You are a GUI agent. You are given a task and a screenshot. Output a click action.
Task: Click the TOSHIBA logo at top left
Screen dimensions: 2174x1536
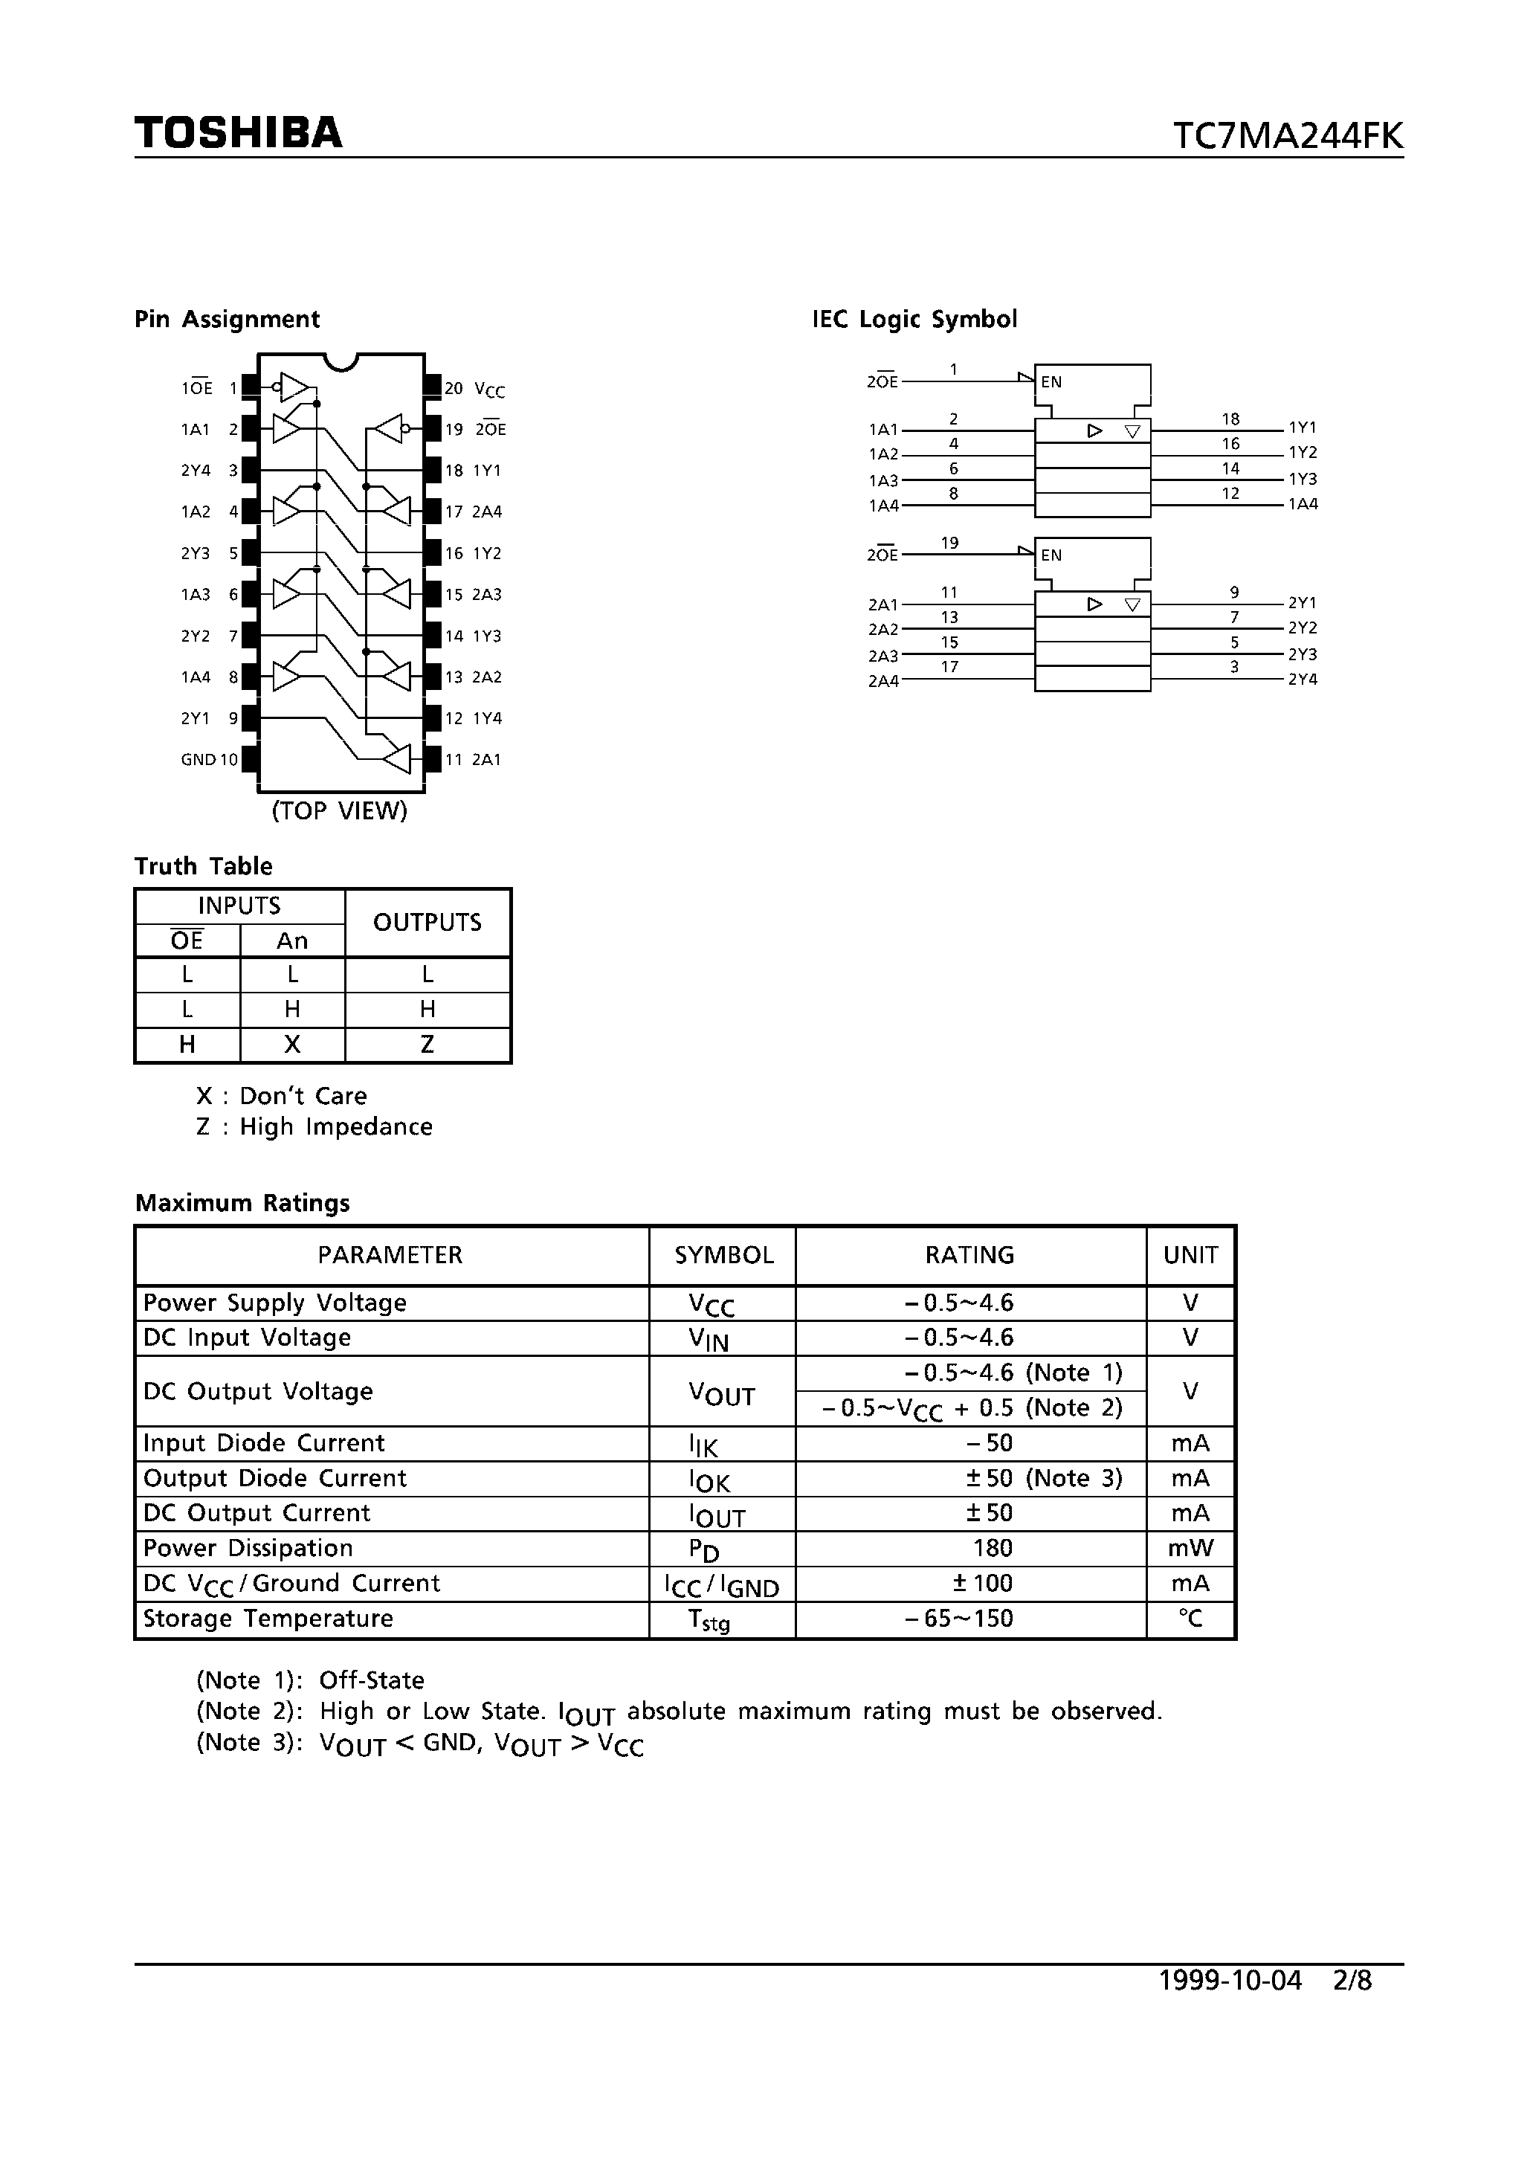[238, 132]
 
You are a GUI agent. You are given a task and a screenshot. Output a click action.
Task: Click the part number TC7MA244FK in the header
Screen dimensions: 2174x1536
[1287, 136]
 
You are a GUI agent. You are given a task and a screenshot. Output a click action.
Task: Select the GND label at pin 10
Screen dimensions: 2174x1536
[198, 759]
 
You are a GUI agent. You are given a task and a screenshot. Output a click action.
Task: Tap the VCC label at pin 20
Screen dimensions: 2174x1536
[490, 389]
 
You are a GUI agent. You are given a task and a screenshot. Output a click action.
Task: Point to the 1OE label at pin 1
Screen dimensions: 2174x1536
[197, 388]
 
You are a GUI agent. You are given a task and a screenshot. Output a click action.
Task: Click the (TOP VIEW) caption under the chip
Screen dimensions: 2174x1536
[339, 810]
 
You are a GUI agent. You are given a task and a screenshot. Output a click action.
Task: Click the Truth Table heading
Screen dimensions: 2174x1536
[204, 865]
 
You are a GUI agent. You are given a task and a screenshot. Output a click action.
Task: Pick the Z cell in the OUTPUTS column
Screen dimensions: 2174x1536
[427, 1045]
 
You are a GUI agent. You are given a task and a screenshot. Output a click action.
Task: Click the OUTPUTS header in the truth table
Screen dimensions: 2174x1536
[427, 922]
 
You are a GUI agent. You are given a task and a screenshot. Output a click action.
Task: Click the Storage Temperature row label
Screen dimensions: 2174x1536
[268, 1618]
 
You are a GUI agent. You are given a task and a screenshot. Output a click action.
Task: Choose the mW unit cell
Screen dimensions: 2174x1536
[1190, 1548]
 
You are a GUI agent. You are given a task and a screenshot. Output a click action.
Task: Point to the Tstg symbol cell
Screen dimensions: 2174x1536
[709, 1620]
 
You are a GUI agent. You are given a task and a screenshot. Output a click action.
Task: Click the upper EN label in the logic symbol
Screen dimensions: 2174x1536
[1051, 383]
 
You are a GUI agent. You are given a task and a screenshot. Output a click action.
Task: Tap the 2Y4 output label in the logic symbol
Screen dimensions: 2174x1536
[1302, 679]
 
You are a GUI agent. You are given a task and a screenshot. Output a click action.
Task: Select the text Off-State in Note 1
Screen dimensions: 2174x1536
[371, 1680]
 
